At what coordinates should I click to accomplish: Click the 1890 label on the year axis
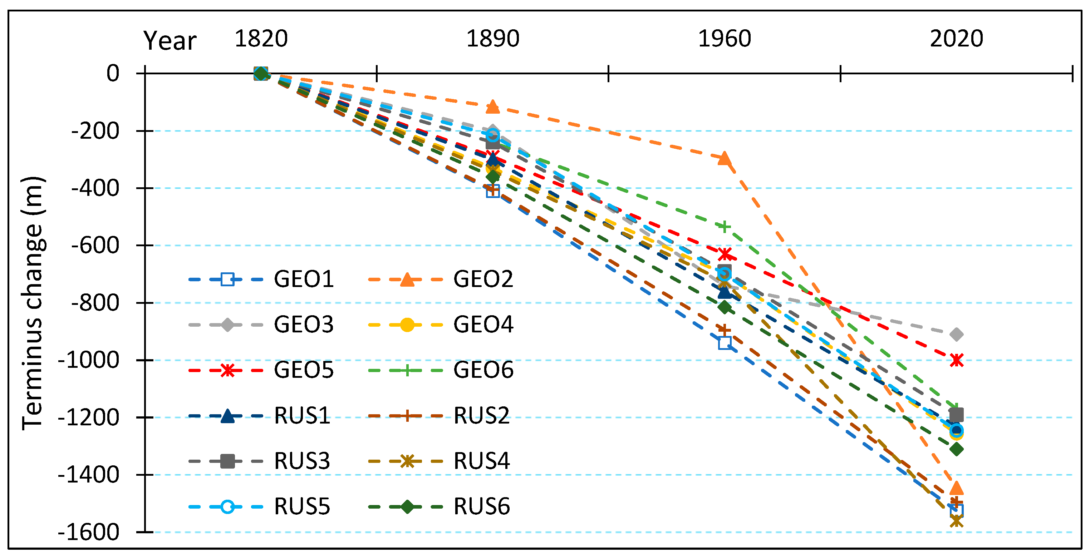tap(492, 39)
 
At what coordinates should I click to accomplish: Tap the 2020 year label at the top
tap(956, 39)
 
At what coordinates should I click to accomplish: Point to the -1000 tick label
tap(88, 361)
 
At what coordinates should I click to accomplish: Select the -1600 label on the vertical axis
tap(88, 532)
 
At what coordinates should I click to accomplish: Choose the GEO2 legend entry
tap(483, 279)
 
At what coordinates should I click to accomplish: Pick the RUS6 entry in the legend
tap(482, 506)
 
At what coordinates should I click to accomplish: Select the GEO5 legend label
tap(303, 370)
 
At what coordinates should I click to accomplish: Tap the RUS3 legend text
tap(302, 461)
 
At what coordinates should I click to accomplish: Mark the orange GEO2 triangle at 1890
tap(492, 107)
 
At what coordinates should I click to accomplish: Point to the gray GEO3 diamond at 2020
tap(956, 335)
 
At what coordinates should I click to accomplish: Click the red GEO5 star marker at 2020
tap(956, 360)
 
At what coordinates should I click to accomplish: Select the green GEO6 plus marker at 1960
tap(725, 227)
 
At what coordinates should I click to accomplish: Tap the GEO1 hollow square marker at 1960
tap(725, 342)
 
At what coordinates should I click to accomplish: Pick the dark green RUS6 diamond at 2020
tap(956, 449)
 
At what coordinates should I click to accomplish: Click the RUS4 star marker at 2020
tap(956, 522)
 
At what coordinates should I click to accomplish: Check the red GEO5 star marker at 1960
tap(725, 254)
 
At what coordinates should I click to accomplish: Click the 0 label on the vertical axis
tap(113, 74)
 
